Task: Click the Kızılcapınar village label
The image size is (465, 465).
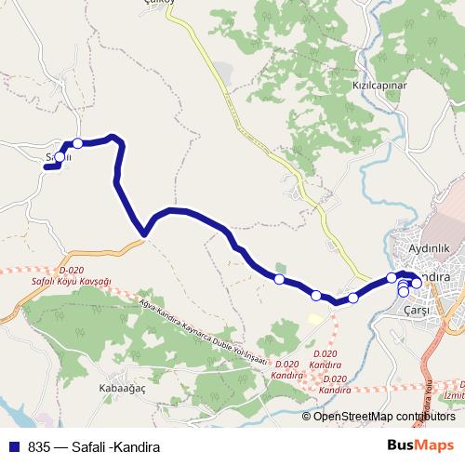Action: click(379, 84)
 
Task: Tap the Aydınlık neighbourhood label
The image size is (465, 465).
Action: click(429, 248)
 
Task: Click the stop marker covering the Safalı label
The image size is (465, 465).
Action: click(59, 157)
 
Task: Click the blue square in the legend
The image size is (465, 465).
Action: click(13, 446)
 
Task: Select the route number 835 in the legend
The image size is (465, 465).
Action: click(38, 446)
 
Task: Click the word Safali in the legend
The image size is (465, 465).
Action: click(91, 446)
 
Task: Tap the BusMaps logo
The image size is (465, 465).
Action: click(421, 445)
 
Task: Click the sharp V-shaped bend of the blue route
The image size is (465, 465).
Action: click(144, 232)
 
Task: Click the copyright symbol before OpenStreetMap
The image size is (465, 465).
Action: click(308, 416)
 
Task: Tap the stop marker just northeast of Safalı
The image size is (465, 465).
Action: click(78, 143)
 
